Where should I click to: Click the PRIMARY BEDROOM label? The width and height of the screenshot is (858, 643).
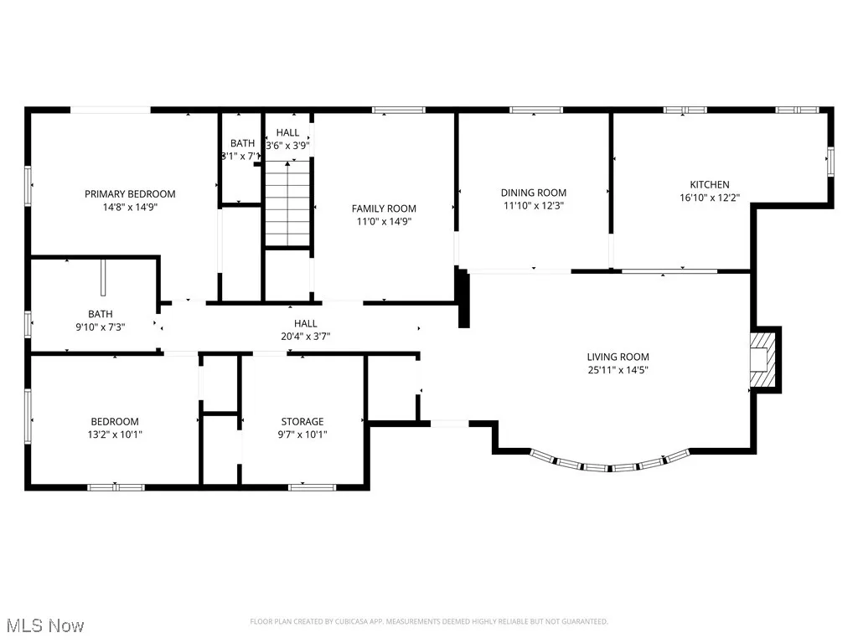[130, 193]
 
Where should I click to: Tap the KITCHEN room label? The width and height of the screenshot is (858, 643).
[710, 184]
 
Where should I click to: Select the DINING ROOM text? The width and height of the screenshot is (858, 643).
[535, 192]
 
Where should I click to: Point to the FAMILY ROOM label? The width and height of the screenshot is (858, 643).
[384, 208]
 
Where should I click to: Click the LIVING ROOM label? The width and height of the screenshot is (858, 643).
[618, 357]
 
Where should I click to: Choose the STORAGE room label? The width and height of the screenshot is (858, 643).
[302, 421]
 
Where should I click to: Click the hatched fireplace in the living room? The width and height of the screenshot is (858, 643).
[762, 361]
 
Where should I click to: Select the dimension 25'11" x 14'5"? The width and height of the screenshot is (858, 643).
[618, 370]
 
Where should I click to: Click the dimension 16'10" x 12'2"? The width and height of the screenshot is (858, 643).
[710, 198]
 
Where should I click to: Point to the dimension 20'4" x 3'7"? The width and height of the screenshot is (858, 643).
[305, 337]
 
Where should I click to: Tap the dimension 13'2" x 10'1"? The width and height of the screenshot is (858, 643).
[115, 435]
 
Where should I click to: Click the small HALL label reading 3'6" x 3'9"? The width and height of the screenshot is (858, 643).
[288, 145]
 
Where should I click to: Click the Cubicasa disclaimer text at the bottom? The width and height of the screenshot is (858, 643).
[429, 621]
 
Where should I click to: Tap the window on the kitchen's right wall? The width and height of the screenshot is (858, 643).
[830, 161]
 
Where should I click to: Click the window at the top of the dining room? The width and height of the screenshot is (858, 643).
[535, 110]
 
